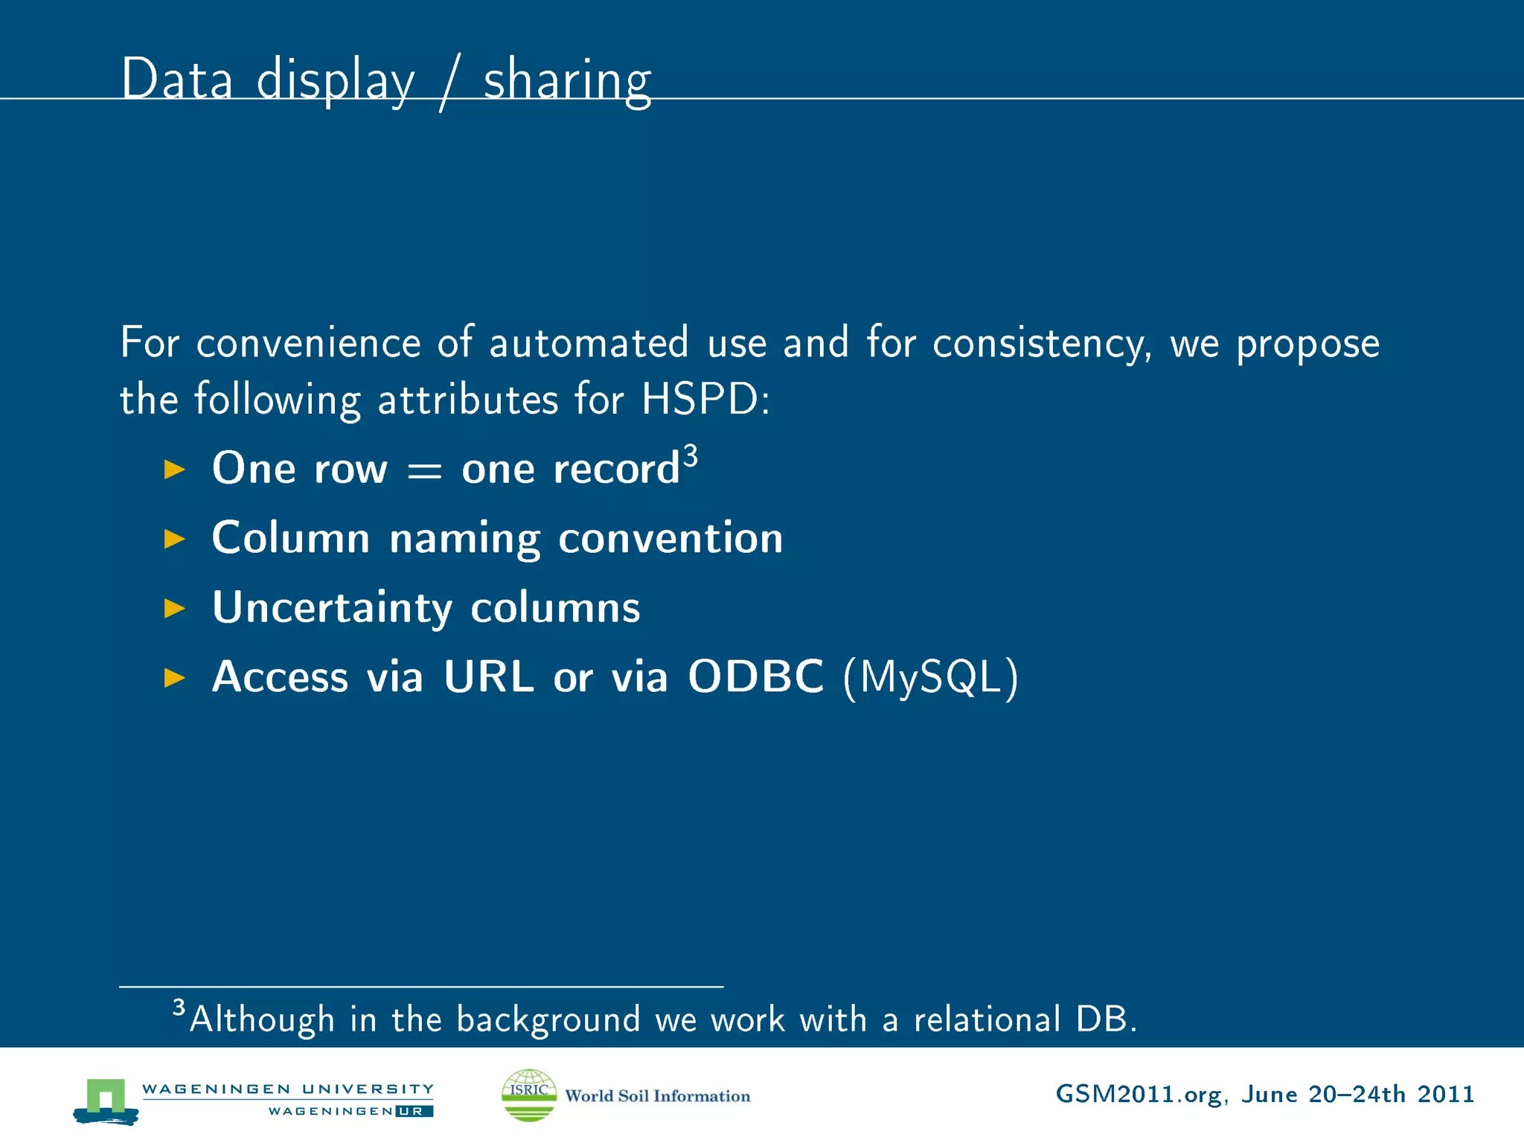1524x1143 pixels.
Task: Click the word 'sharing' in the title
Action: (x=567, y=80)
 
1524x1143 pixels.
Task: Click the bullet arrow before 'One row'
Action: (x=174, y=470)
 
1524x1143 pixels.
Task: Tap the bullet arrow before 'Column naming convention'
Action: (x=174, y=539)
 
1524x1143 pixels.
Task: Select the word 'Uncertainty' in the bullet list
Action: (x=332, y=608)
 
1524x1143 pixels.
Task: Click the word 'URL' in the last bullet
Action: (x=488, y=676)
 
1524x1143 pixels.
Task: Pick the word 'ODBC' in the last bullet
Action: (x=755, y=676)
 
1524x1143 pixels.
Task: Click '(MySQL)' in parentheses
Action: (x=930, y=678)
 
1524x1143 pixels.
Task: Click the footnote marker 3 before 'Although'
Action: (x=179, y=1008)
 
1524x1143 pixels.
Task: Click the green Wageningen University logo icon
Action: (x=106, y=1100)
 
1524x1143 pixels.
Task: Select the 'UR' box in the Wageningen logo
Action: (x=414, y=1111)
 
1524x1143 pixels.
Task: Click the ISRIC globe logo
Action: (x=529, y=1095)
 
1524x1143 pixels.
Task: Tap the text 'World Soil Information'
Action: (x=657, y=1095)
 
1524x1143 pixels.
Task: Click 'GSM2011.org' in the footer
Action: (x=1139, y=1095)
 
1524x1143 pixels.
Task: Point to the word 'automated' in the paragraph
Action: (x=588, y=343)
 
